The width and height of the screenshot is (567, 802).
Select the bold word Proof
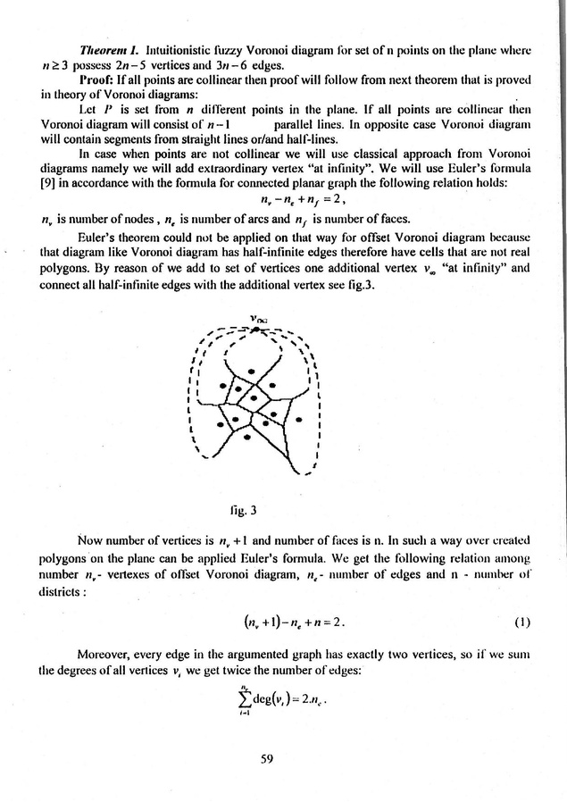[x=100, y=82]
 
